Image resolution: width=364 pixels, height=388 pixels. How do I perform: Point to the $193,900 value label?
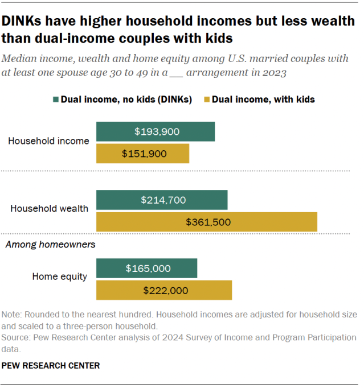point(157,131)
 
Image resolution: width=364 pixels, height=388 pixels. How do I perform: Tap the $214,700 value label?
point(163,200)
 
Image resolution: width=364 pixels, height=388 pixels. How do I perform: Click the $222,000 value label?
point(165,290)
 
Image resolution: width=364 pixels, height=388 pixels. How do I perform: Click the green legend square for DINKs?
point(55,100)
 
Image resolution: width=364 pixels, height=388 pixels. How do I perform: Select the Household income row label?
point(48,141)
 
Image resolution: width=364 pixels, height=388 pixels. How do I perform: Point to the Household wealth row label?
point(50,208)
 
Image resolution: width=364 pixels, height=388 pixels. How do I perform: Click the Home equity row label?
point(59,277)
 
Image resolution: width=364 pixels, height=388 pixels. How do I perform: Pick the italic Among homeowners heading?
point(50,245)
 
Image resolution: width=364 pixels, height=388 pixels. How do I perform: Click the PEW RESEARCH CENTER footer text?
point(51,365)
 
